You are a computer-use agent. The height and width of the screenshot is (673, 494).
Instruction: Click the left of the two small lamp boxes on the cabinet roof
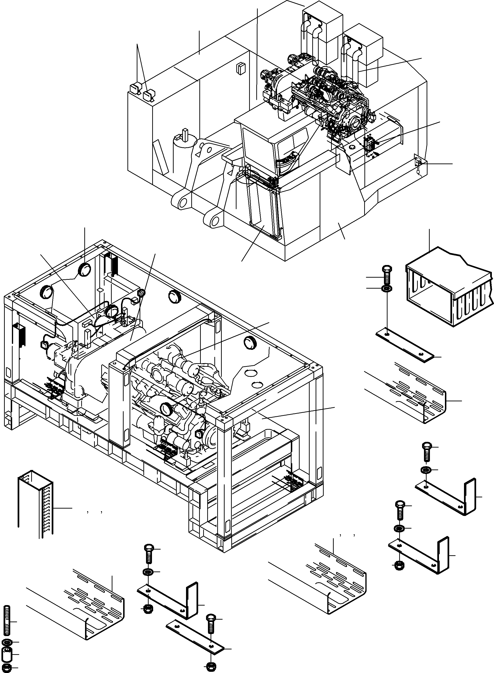pyautogui.click(x=135, y=89)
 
